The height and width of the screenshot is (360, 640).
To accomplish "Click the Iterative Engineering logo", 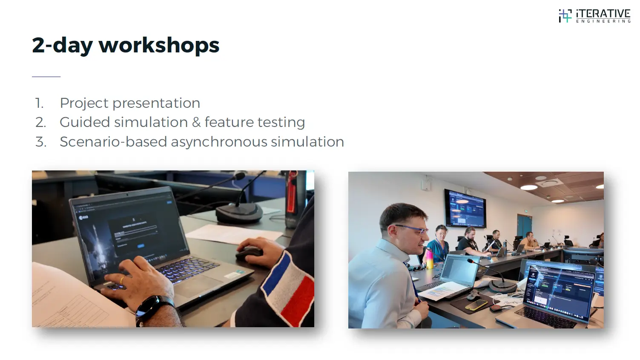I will (594, 16).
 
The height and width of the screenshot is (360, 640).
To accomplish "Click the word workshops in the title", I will (159, 45).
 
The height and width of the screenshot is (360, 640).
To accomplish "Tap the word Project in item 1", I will (84, 103).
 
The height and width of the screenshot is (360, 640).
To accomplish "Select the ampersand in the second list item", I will (196, 122).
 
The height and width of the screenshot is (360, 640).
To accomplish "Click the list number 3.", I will (40, 142).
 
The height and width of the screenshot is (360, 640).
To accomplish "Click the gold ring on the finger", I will (122, 280).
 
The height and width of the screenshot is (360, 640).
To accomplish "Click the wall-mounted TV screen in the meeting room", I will (465, 208).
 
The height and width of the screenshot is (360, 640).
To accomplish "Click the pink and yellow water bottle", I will (430, 258).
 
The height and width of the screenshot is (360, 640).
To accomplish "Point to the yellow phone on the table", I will (476, 305).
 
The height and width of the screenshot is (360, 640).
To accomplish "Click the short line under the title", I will (46, 77).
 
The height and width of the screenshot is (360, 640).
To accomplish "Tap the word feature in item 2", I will (229, 122).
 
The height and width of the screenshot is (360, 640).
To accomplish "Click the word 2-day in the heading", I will (62, 45).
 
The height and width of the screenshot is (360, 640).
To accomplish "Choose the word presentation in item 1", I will (156, 103).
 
